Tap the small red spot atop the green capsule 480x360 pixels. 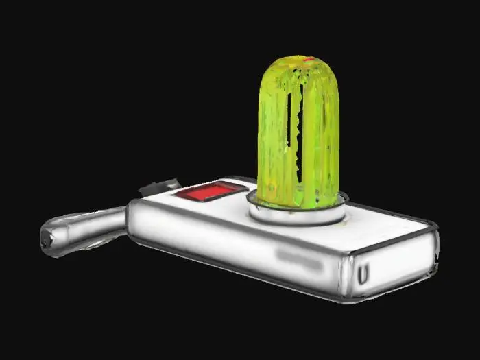pyautogui.click(x=309, y=60)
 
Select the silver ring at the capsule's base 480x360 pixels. pyautogui.click(x=296, y=213)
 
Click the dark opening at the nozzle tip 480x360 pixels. pyautogui.click(x=47, y=239)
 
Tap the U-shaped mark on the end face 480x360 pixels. pyautogui.click(x=363, y=275)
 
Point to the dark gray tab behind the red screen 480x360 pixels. pyautogui.click(x=159, y=186)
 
